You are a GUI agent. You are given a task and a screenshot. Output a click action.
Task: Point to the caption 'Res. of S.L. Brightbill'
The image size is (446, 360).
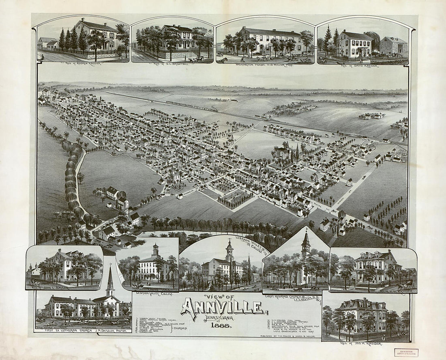pyautogui.click(x=172, y=64)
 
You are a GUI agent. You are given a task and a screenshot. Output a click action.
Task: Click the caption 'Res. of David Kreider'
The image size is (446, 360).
pyautogui.click(x=360, y=65)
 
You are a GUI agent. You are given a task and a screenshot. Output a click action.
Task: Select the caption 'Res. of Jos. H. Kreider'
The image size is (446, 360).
pyautogui.click(x=362, y=344)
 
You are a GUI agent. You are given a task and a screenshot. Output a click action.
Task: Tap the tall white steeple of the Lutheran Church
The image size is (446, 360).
pyautogui.click(x=110, y=280)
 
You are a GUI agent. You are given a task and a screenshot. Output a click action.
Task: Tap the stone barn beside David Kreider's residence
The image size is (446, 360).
pyautogui.click(x=394, y=45)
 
